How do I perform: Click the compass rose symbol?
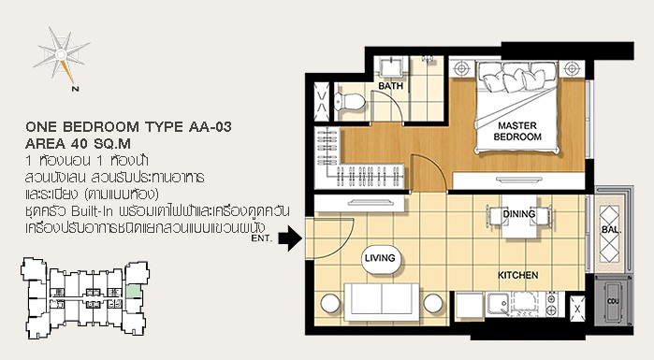coord(62,54)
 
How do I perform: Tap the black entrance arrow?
coord(290,238)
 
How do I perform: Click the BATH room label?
coord(390,86)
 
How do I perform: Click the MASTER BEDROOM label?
coord(517,131)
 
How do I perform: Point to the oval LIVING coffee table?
coord(380,258)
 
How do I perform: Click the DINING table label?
coord(519,214)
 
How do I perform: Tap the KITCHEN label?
coord(517,275)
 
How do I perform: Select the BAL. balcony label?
coord(612,230)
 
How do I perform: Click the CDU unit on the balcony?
coord(613,301)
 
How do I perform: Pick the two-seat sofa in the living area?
coord(382,302)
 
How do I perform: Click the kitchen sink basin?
coord(498,304)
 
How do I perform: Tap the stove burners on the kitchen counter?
coord(551,304)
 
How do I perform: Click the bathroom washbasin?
coord(391,66)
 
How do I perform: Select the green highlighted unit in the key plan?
coord(134,291)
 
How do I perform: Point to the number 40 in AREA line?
coord(80,144)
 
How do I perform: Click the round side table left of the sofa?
coord(330,303)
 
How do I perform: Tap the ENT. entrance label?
coord(262,238)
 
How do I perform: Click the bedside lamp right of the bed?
coord(571,68)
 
